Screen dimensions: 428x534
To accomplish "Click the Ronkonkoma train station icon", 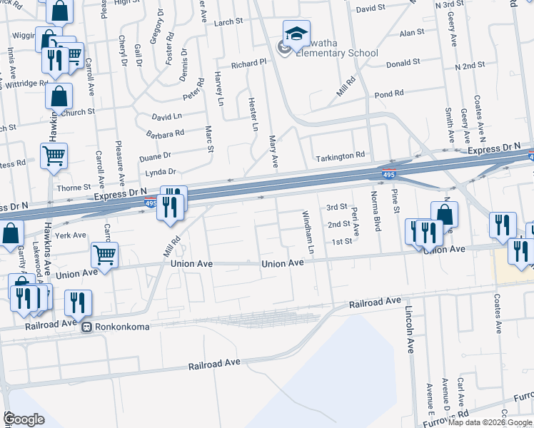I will click(x=86, y=328).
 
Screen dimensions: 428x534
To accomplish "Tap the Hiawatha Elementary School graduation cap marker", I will click(x=296, y=34).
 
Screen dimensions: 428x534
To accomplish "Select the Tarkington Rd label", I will click(x=341, y=155).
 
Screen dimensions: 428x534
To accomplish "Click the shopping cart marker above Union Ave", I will click(x=105, y=255).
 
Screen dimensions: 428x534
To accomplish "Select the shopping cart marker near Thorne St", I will click(x=54, y=156).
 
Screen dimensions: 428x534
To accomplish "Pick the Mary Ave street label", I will click(x=273, y=151).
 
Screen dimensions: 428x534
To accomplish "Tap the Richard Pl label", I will click(x=248, y=64).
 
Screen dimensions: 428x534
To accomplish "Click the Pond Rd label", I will click(x=389, y=94).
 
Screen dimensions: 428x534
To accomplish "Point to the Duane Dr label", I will click(x=155, y=156).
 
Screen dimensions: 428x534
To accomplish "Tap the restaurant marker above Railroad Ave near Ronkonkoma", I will click(x=78, y=302).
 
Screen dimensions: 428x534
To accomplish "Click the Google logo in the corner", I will click(x=24, y=419).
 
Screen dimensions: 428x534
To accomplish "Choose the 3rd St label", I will click(x=336, y=207).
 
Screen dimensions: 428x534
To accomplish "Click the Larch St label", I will click(x=228, y=22).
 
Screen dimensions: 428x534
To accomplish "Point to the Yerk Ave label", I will click(x=72, y=235).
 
